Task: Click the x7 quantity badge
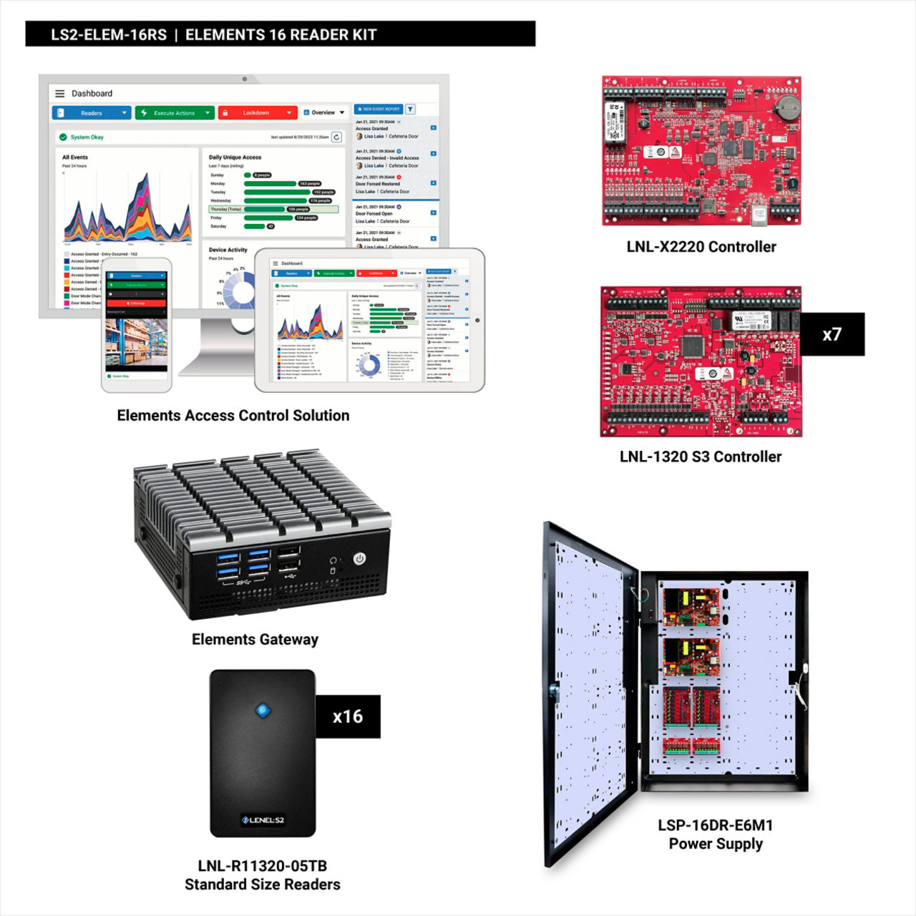[x=832, y=334]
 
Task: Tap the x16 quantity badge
[x=348, y=716]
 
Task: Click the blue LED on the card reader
[x=263, y=711]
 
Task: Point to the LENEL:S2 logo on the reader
[x=263, y=820]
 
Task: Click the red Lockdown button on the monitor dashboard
[x=257, y=113]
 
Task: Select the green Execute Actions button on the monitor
[x=175, y=113]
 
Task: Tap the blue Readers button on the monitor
[x=92, y=113]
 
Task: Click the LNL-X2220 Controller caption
[x=701, y=247]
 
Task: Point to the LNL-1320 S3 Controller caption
[x=701, y=457]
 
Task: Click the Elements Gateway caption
[x=255, y=639]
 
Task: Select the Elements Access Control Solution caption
[x=233, y=415]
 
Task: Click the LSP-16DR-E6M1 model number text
[x=716, y=825]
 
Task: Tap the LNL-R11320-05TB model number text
[x=262, y=866]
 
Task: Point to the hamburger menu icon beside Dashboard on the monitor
[x=60, y=94]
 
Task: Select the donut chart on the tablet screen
[x=369, y=365]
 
